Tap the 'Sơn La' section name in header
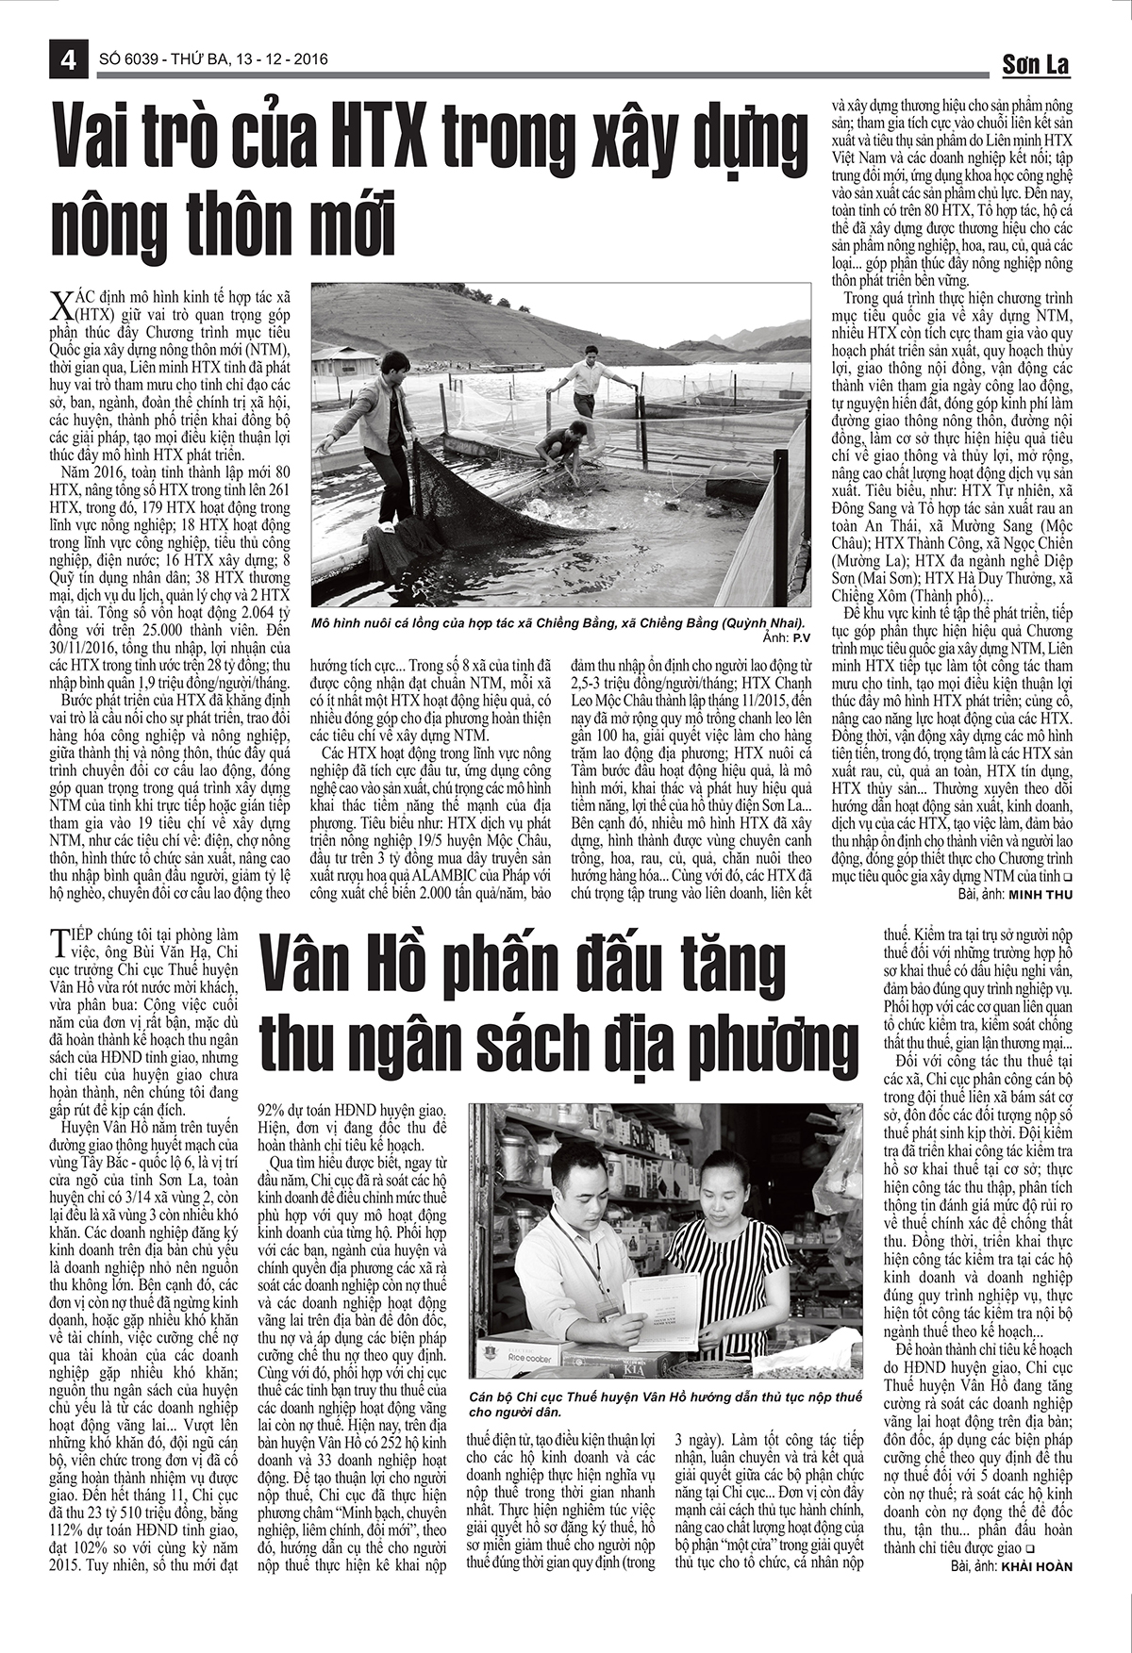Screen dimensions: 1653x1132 (1035, 64)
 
